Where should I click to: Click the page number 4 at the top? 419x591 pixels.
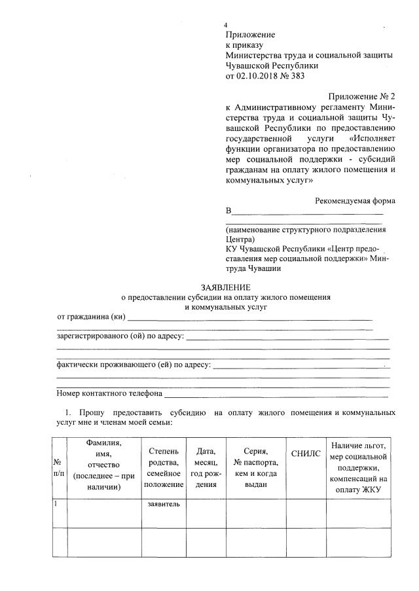(x=226, y=24)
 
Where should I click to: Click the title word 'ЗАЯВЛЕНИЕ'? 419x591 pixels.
(x=225, y=287)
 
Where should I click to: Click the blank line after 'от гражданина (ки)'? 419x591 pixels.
(x=249, y=319)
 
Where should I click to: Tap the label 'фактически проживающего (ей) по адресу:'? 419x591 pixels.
(x=134, y=365)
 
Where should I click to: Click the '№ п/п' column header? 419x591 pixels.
(x=58, y=467)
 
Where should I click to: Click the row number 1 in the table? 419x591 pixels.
(x=56, y=504)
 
